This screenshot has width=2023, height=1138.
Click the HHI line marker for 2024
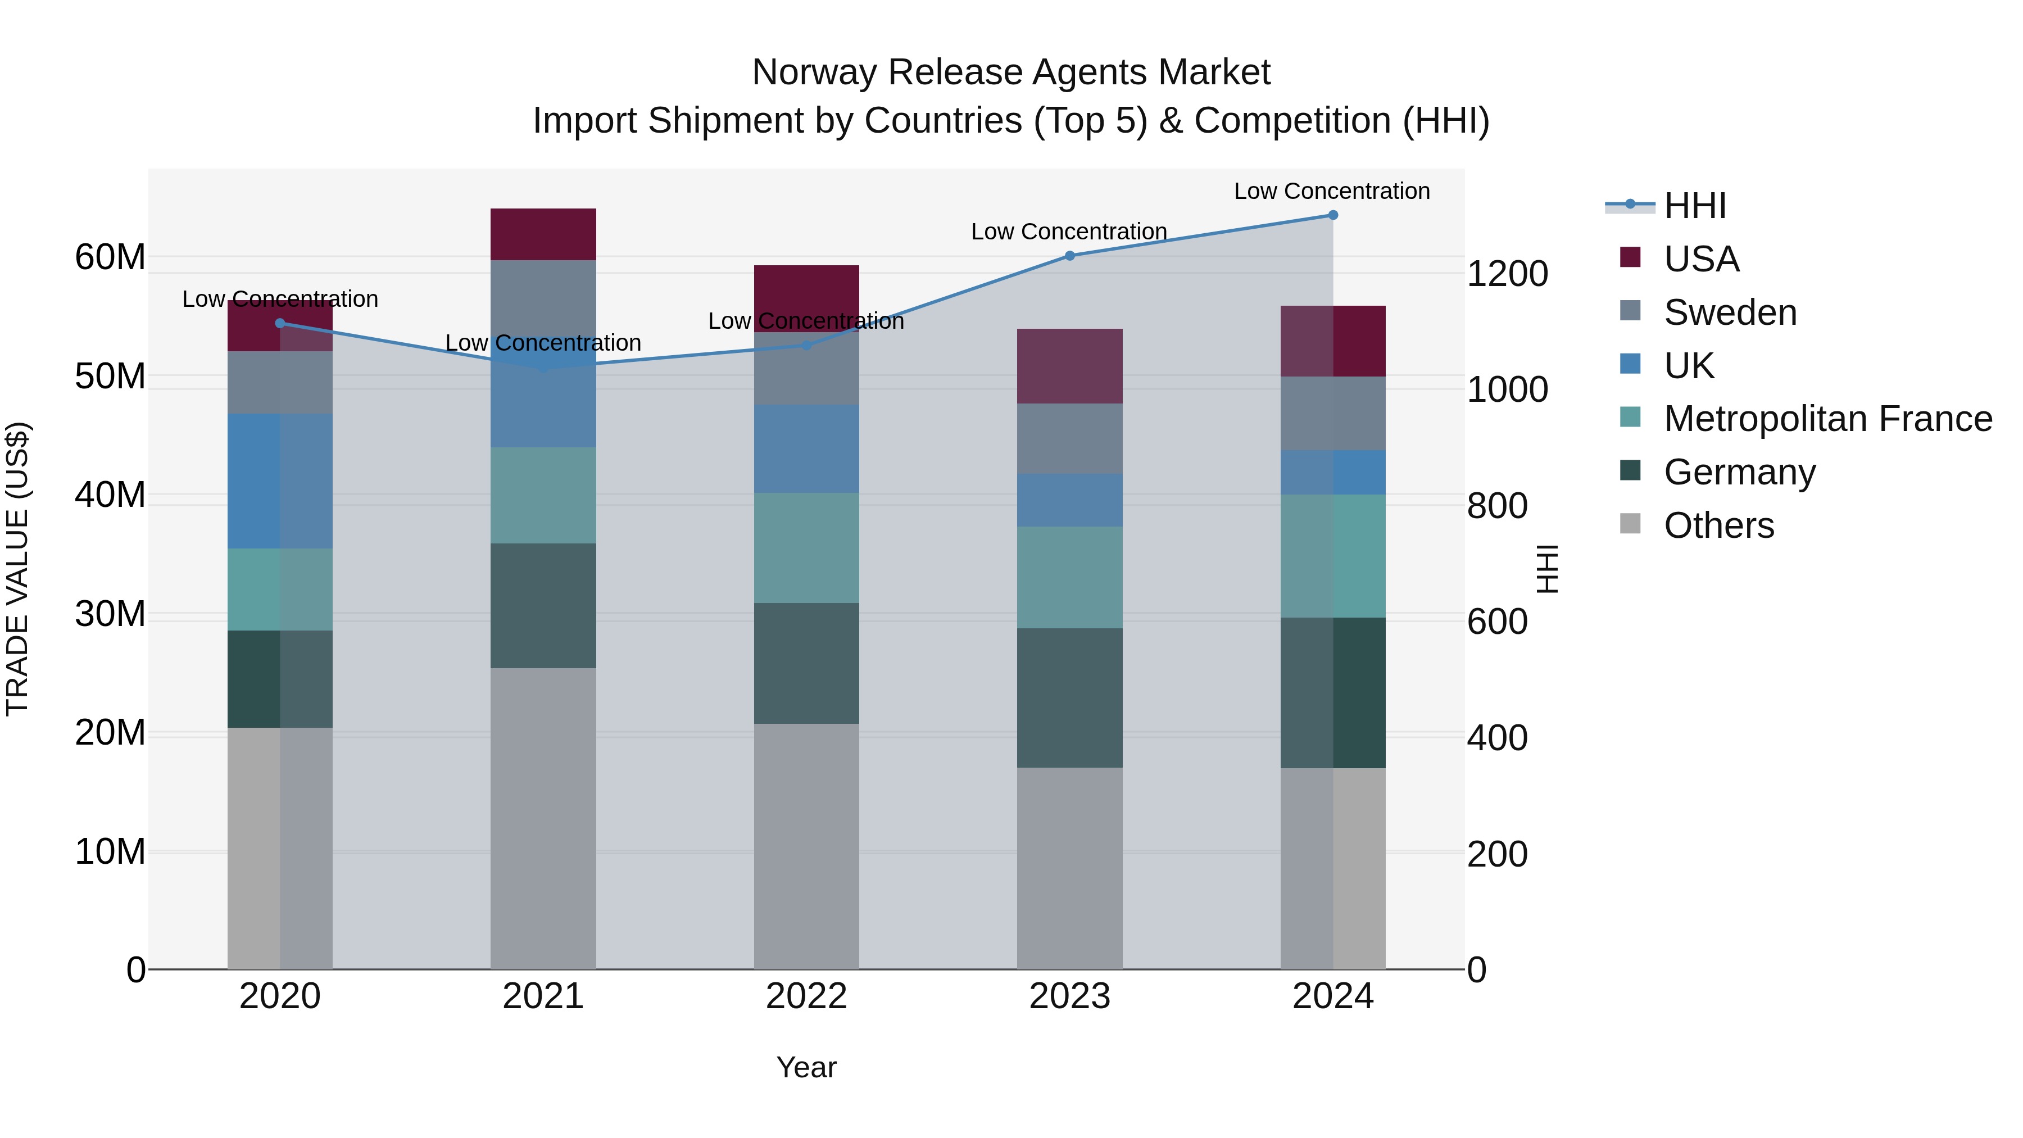(x=1333, y=215)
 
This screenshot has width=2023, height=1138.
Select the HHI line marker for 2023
(x=1069, y=255)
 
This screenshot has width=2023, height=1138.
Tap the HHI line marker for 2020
(x=280, y=323)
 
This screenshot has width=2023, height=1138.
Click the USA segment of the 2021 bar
(x=543, y=234)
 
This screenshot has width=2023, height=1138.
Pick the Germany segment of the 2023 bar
(x=1069, y=697)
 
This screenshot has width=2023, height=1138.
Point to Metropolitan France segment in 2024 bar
(x=1333, y=555)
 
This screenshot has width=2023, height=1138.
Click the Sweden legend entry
(x=1730, y=312)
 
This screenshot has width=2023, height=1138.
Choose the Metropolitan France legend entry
(x=1827, y=419)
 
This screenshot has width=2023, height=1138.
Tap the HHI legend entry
(x=1695, y=206)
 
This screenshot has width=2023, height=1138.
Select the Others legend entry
(x=1718, y=525)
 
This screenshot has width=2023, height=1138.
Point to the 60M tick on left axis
(x=110, y=257)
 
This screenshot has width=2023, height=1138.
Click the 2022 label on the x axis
(x=806, y=996)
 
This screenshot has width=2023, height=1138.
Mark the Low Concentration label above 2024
(x=1332, y=191)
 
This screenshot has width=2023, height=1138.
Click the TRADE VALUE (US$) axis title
(x=17, y=569)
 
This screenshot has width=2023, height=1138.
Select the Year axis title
(x=806, y=1067)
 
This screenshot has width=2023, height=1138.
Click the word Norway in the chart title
(x=814, y=72)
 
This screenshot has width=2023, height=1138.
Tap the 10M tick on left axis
(x=110, y=851)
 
